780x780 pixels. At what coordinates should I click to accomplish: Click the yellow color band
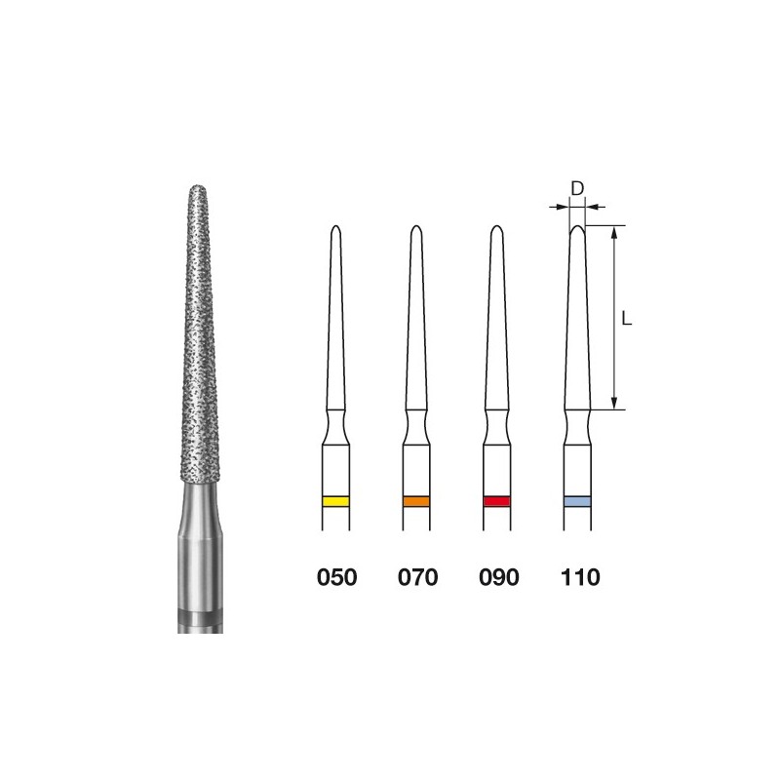[335, 501]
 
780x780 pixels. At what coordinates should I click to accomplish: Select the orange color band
[416, 501]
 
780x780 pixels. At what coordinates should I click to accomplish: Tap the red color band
[497, 501]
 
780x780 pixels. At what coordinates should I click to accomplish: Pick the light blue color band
[577, 501]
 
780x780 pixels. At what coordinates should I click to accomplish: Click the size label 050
[336, 577]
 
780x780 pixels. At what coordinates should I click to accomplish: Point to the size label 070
[418, 577]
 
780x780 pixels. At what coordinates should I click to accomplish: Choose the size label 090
[499, 577]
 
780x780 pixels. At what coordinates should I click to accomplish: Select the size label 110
[580, 577]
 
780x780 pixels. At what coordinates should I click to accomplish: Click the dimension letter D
[577, 189]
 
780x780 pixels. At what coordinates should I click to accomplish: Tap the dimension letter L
[627, 318]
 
